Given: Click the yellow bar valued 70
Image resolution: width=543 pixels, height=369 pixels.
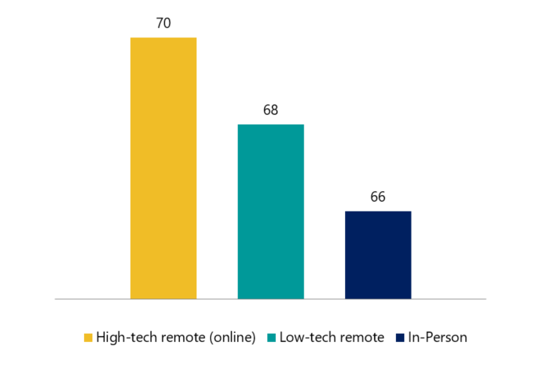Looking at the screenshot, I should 163,168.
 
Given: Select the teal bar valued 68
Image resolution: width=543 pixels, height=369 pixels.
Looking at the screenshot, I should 271,211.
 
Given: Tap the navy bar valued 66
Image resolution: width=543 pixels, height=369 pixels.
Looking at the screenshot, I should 378,255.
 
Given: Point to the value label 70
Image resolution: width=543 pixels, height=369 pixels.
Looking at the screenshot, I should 163,23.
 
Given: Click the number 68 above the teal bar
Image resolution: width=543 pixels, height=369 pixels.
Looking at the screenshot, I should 271,110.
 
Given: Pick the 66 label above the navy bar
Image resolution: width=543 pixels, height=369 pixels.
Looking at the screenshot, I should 378,197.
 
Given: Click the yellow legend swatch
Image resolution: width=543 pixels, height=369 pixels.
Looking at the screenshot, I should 88,337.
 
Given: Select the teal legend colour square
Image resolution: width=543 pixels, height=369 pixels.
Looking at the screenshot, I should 271,337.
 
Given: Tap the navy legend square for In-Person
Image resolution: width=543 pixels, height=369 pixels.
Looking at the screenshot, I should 399,337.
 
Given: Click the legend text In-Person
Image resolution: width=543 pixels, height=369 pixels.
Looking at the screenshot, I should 437,337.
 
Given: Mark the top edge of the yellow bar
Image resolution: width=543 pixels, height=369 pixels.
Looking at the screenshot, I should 163,37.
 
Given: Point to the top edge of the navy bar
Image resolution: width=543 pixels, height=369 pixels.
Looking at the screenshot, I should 378,211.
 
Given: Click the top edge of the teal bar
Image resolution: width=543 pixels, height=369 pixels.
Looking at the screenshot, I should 271,124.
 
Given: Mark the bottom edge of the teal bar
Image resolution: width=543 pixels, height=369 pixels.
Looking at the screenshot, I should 271,298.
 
